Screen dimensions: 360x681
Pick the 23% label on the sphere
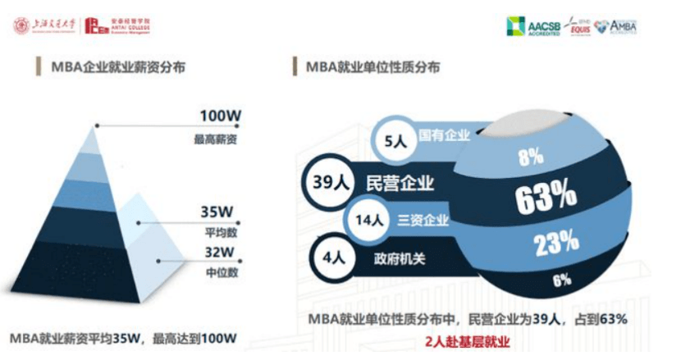[555, 244]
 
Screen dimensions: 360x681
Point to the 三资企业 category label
[423, 220]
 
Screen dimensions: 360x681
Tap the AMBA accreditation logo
[616, 26]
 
